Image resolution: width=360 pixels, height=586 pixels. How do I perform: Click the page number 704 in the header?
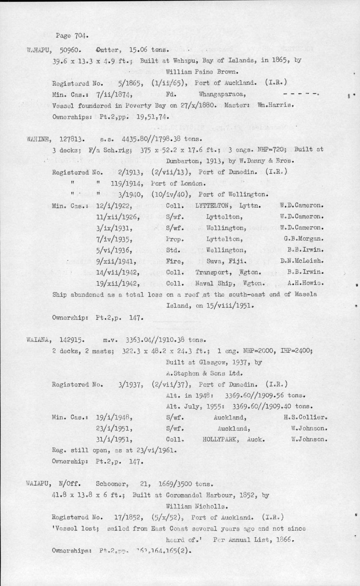point(80,36)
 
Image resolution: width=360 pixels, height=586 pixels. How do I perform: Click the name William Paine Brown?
point(196,72)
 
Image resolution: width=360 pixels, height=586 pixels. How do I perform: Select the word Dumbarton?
point(183,161)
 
